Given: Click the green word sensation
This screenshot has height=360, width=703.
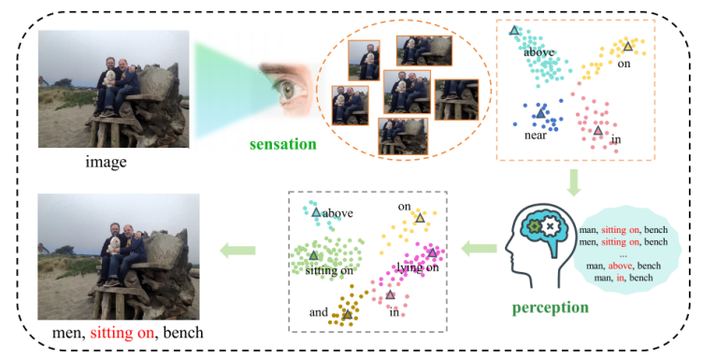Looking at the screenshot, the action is pyautogui.click(x=283, y=144).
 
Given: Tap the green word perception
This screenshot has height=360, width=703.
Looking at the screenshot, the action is pyautogui.click(x=550, y=308).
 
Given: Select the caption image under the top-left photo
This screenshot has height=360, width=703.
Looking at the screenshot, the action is pyautogui.click(x=107, y=162).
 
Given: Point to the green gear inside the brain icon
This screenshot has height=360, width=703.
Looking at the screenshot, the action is pyautogui.click(x=534, y=226).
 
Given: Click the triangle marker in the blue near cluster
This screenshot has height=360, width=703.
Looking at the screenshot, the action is pyautogui.click(x=540, y=113).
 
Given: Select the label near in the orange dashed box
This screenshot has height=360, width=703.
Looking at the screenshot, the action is pyautogui.click(x=536, y=136).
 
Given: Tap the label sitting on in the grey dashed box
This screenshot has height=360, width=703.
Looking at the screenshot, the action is pyautogui.click(x=329, y=271).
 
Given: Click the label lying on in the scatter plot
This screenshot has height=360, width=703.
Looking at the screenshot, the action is pyautogui.click(x=418, y=267).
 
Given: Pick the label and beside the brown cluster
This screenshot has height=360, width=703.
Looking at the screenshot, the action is pyautogui.click(x=319, y=312).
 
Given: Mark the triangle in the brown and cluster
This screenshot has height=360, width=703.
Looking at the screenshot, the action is pyautogui.click(x=347, y=314).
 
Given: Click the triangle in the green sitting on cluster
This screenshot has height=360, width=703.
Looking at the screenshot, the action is pyautogui.click(x=314, y=255).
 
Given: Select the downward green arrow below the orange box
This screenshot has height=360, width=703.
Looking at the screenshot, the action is pyautogui.click(x=573, y=182).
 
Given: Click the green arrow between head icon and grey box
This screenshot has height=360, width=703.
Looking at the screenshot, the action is pyautogui.click(x=479, y=248).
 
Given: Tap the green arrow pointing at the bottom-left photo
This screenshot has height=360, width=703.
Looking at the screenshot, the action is pyautogui.click(x=237, y=251).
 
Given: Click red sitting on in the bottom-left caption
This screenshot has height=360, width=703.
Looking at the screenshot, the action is pyautogui.click(x=122, y=333).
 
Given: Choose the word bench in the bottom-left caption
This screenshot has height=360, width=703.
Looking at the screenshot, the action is pyautogui.click(x=183, y=333).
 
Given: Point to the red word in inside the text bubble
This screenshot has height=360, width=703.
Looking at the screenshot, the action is pyautogui.click(x=620, y=278).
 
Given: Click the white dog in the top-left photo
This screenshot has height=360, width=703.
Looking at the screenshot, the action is pyautogui.click(x=109, y=78).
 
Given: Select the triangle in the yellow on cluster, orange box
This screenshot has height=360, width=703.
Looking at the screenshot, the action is pyautogui.click(x=627, y=46).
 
